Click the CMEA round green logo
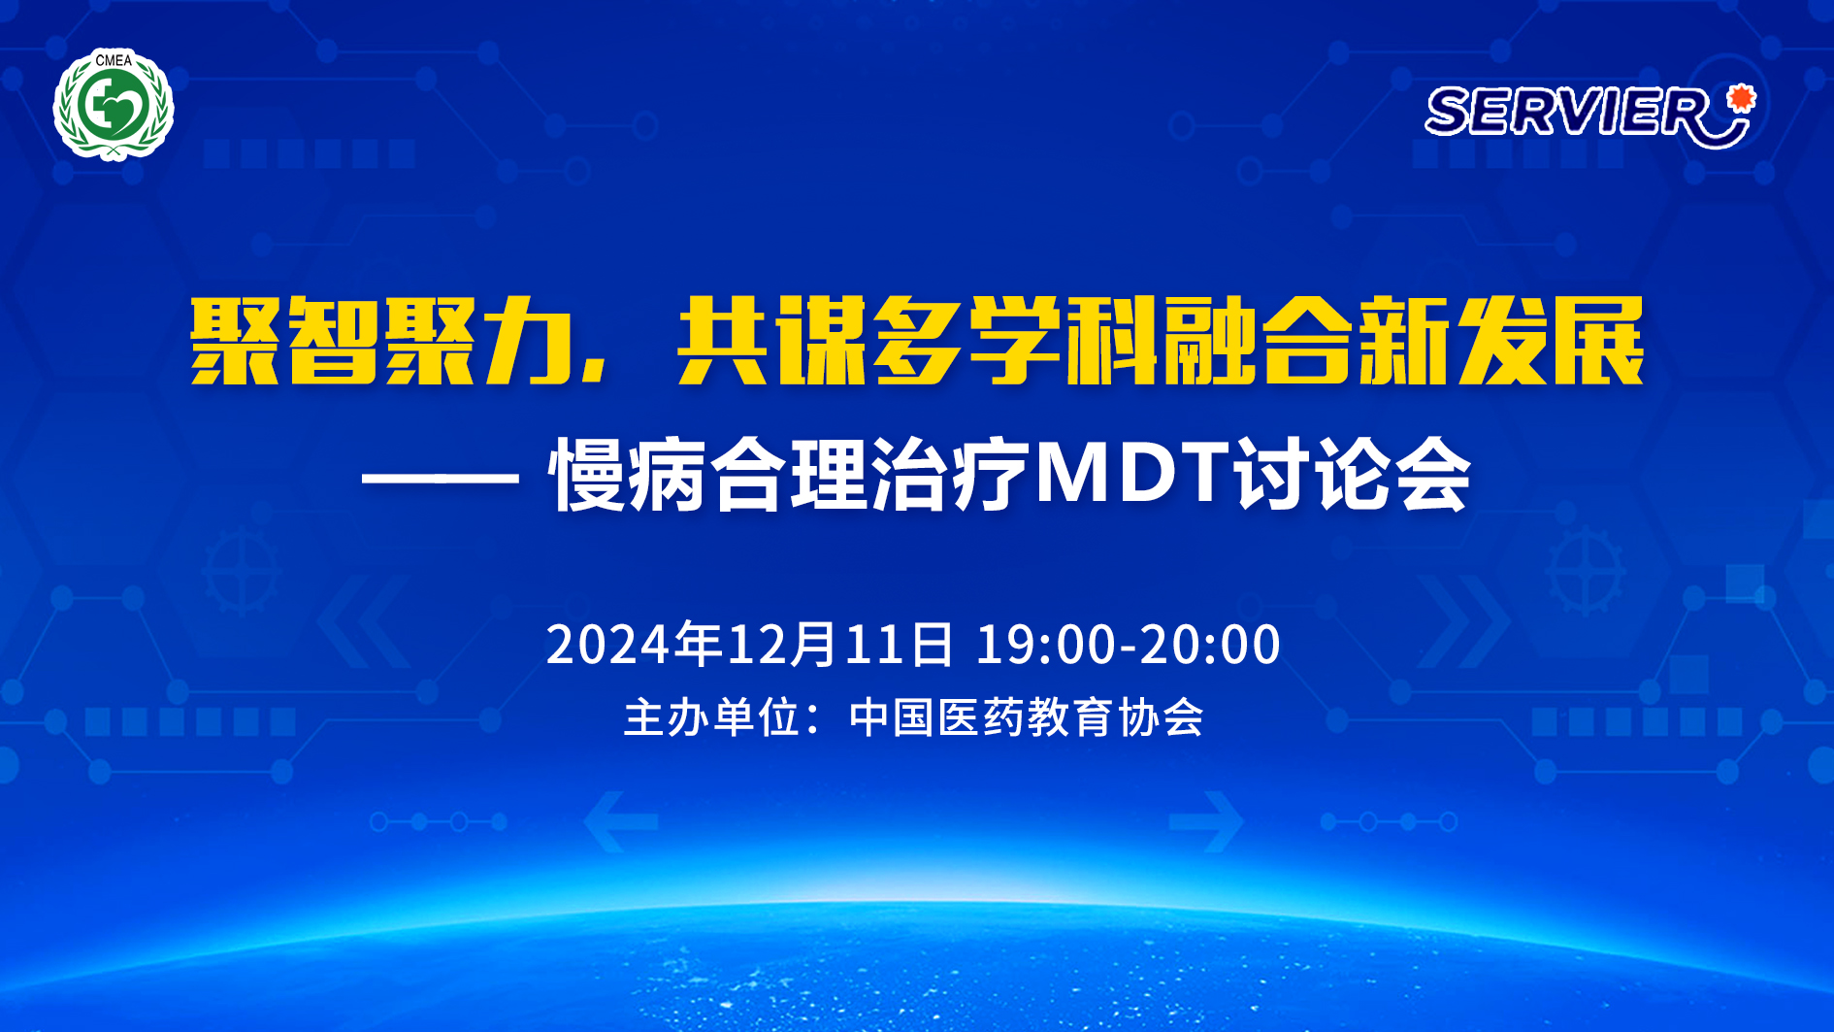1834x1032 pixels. [x=114, y=104]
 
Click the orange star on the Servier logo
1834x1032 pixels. [x=1742, y=97]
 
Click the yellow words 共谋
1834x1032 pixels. [x=771, y=341]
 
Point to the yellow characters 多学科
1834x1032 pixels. [x=1015, y=341]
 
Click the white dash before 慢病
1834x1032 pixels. [x=441, y=478]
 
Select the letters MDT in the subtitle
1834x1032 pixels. [x=1132, y=473]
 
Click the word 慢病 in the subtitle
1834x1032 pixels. [x=627, y=475]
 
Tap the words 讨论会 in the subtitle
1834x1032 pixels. [x=1353, y=475]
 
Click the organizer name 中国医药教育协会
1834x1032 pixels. [x=1027, y=717]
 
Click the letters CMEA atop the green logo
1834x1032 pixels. [x=114, y=60]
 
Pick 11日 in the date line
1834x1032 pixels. [x=900, y=644]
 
